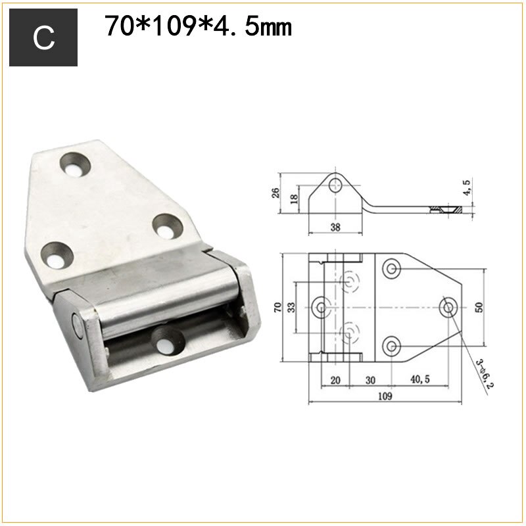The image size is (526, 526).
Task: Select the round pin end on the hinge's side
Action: pos(77,323)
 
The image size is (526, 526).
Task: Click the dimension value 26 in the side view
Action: pos(276,193)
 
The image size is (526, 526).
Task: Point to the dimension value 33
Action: pos(292,306)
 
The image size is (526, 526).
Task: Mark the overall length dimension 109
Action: pos(385,396)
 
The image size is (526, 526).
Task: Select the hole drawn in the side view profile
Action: pos(337,183)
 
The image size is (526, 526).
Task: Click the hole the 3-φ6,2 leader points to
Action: pos(450,306)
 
